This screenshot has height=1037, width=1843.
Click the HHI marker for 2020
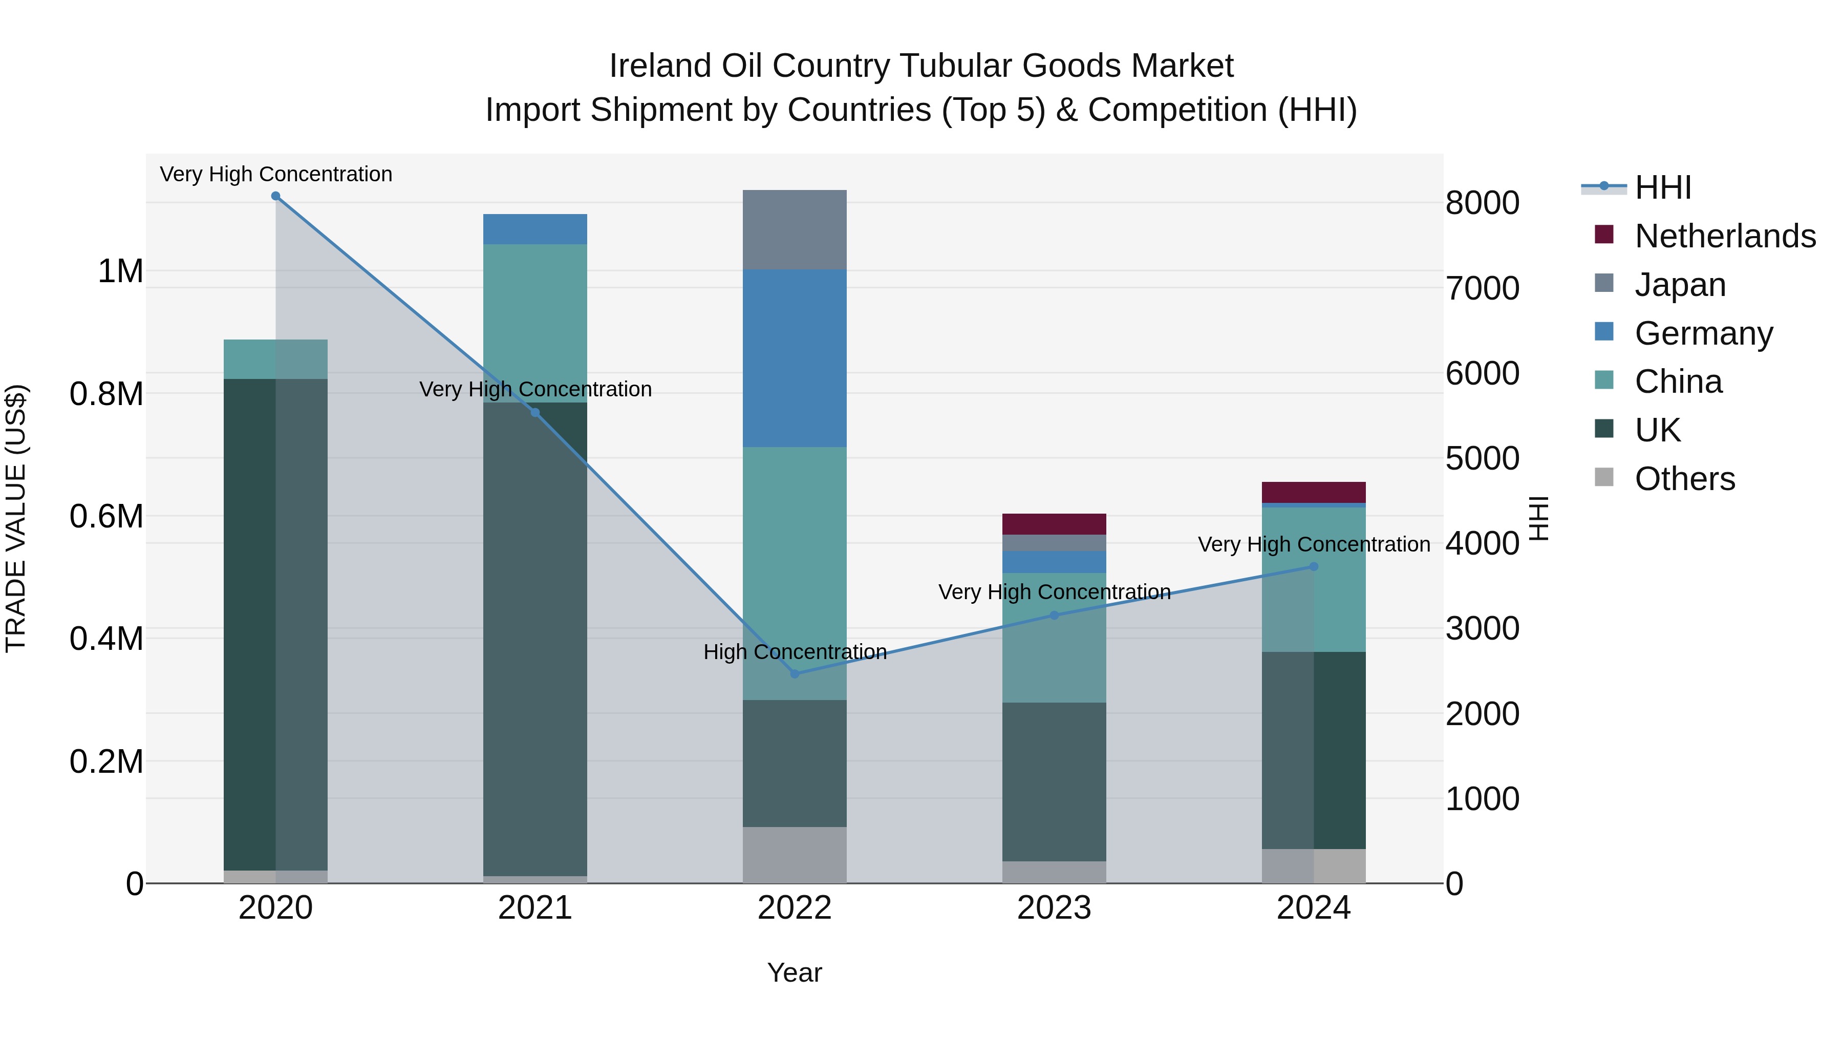275,196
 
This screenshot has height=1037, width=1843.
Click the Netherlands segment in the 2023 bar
1054,524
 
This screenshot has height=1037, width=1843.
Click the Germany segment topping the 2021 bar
535,229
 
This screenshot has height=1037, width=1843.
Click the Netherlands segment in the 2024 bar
1314,492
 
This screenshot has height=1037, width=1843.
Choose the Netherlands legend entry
1724,236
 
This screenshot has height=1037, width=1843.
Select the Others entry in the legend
1684,479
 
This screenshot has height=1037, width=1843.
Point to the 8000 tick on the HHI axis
1482,203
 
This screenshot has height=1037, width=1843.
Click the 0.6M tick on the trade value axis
106,517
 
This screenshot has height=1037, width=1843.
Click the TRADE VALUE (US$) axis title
16,518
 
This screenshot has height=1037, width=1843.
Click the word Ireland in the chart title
660,66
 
